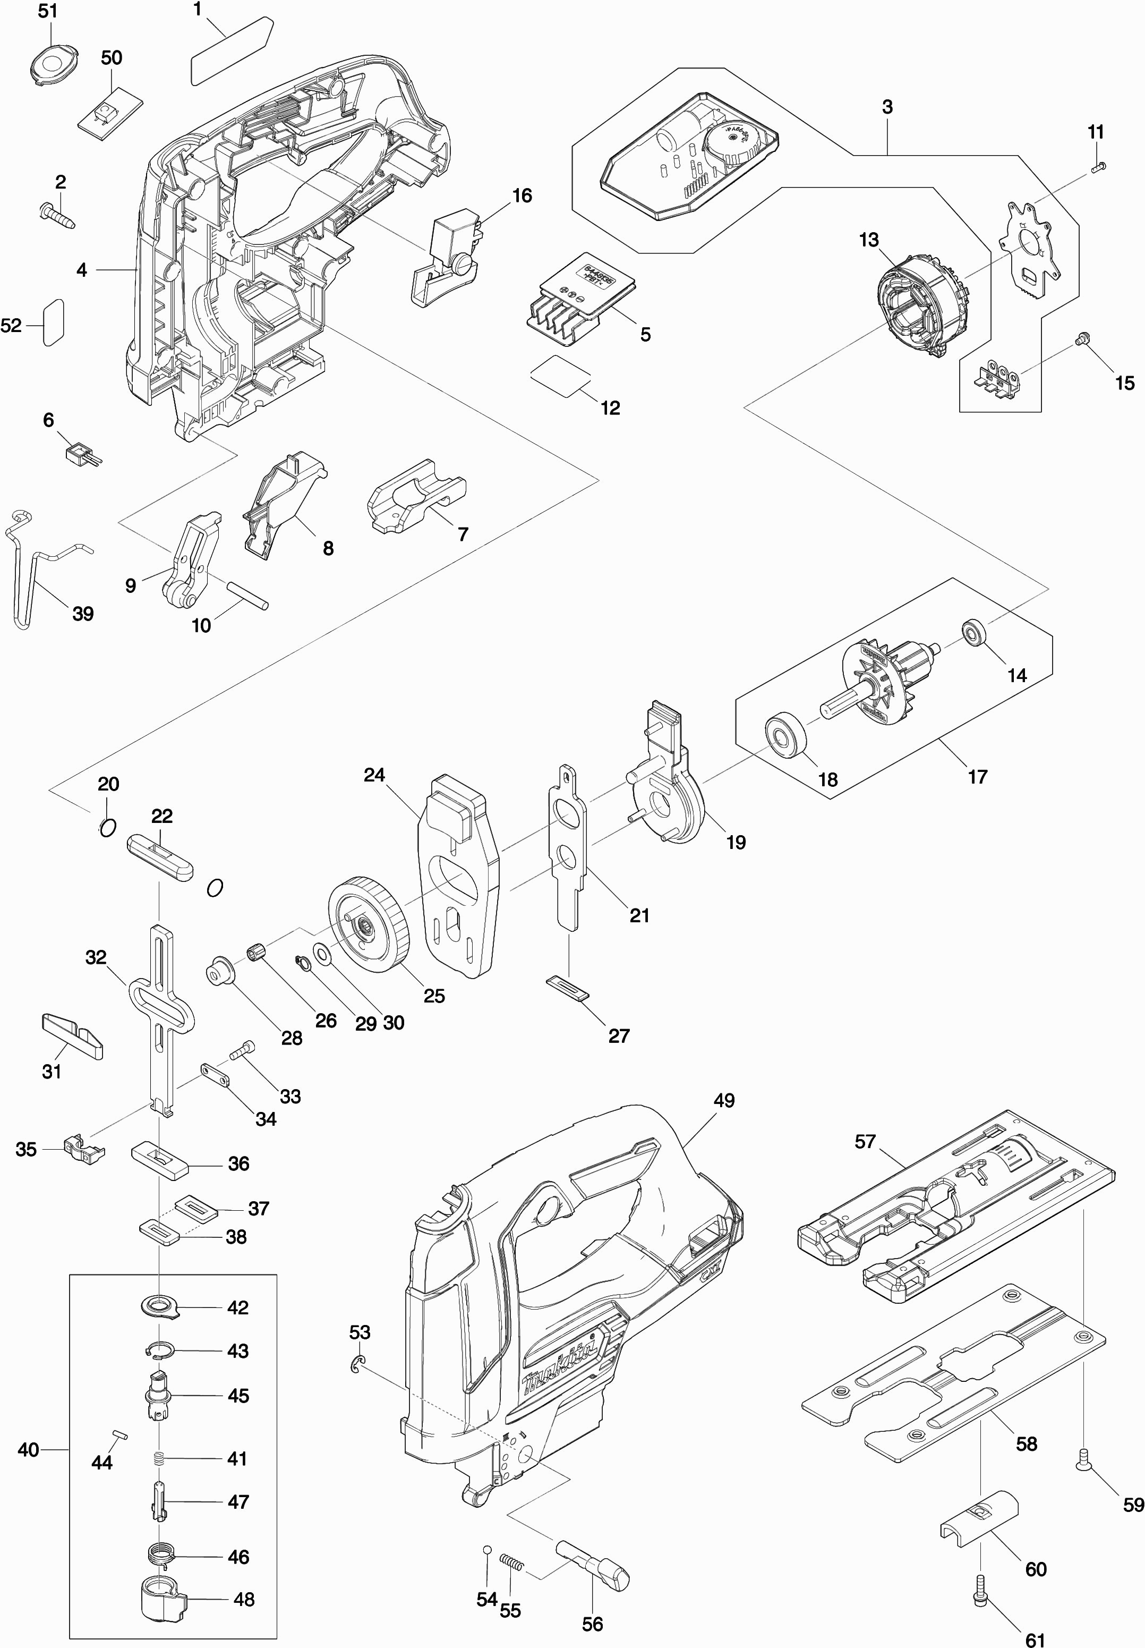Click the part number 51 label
[47, 12]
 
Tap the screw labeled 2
[57, 214]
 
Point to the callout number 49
[724, 1100]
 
